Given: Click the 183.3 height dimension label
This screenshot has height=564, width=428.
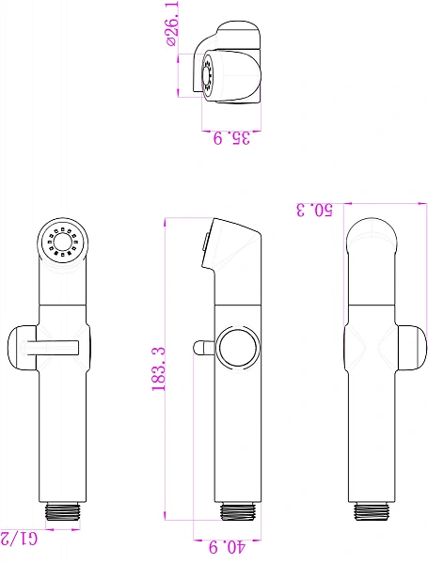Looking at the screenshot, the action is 158,368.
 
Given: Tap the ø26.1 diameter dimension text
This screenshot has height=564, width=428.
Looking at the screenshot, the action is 172,23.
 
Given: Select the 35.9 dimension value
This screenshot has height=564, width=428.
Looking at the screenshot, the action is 231,138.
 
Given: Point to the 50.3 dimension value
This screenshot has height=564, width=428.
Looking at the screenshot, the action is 314,210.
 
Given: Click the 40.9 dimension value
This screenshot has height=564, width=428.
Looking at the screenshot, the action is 228,547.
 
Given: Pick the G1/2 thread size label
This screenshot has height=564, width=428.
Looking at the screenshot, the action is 19,539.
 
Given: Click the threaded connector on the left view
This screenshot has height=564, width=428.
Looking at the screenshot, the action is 63,510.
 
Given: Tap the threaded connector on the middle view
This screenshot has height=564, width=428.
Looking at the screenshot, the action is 238,510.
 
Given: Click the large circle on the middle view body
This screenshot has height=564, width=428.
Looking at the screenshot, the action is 238,348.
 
